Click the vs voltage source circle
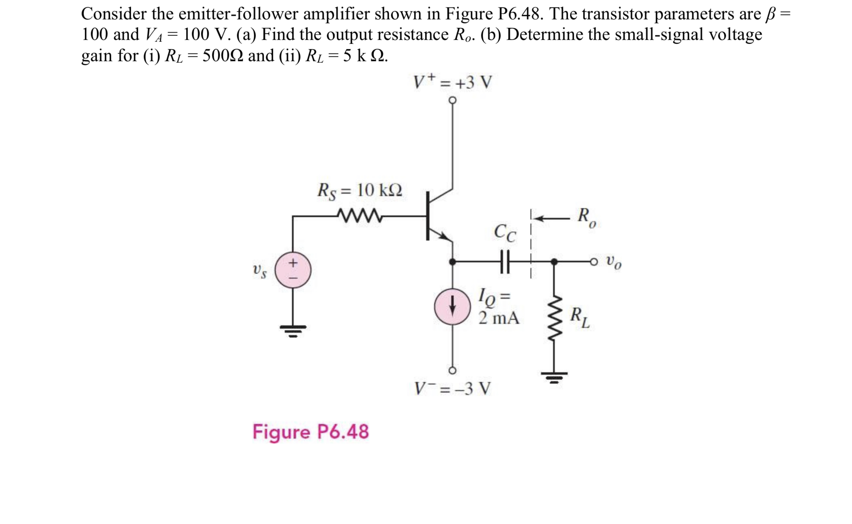[x=293, y=270]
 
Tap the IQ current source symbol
[x=452, y=307]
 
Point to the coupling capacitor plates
[x=505, y=262]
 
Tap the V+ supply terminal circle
[x=452, y=100]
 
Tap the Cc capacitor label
[x=505, y=233]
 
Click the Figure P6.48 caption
[x=310, y=432]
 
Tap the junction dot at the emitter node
[x=452, y=262]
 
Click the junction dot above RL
[x=554, y=262]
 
